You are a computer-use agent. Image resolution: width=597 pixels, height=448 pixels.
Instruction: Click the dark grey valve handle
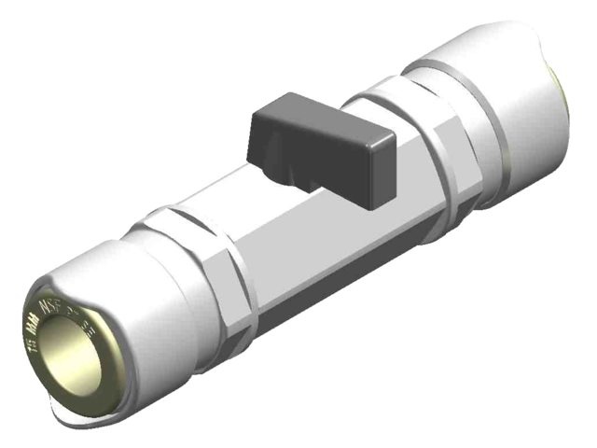coord(316,149)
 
